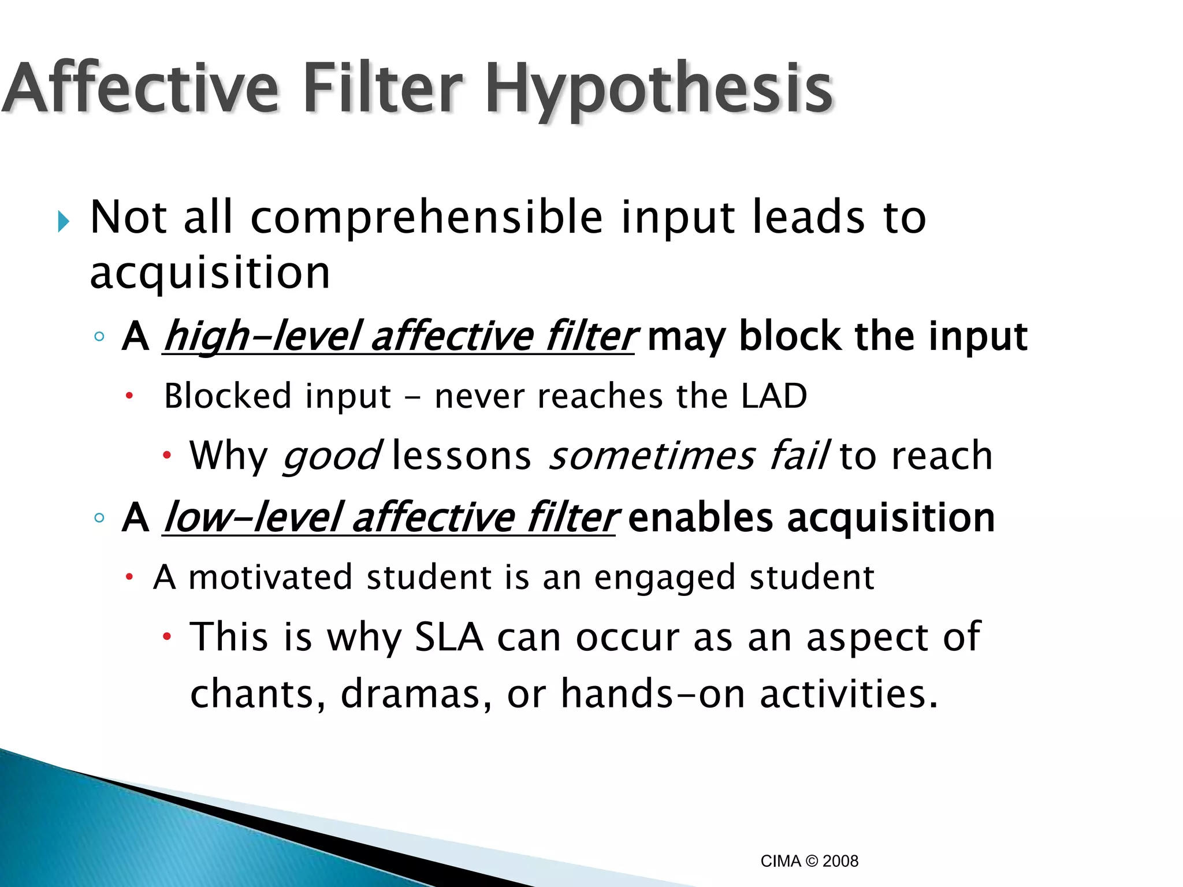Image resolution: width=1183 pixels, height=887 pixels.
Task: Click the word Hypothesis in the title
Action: coord(659,90)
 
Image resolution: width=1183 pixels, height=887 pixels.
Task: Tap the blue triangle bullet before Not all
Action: coord(64,221)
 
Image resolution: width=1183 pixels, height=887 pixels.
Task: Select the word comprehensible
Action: coord(427,218)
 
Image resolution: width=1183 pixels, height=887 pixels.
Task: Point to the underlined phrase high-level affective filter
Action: coord(399,336)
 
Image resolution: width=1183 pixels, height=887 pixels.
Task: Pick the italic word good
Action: coord(332,456)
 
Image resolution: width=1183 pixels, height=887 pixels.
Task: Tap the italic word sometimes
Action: coord(651,456)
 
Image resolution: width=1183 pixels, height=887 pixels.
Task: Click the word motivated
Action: coord(270,577)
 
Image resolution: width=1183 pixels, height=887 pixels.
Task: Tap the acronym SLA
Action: coord(449,637)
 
